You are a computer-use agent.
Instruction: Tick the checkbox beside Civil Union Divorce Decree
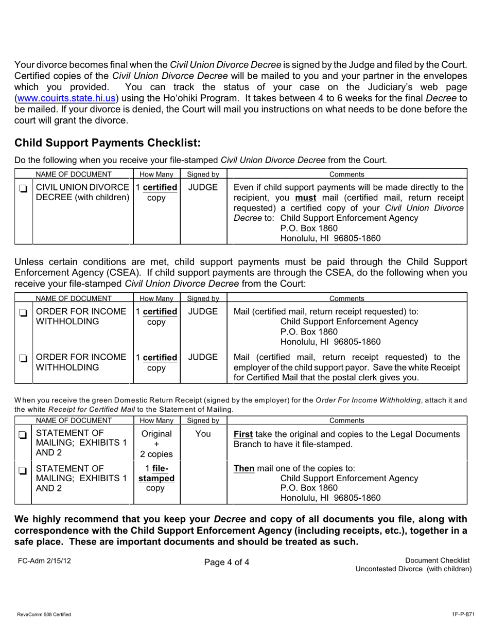point(23,189)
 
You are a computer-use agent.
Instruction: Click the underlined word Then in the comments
point(244,468)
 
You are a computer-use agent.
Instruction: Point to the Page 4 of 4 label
point(226,562)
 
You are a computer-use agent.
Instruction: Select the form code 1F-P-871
point(462,614)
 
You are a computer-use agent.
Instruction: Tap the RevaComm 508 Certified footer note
point(44,614)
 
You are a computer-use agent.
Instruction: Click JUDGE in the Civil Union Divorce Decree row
point(203,187)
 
